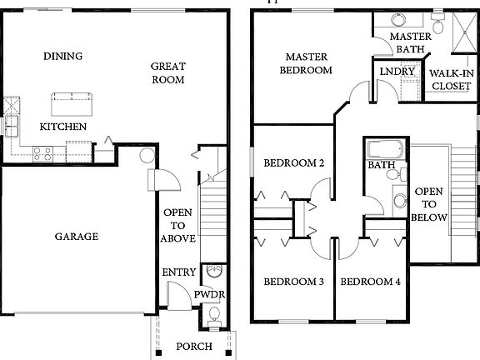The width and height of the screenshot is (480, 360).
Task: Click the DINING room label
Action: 63,57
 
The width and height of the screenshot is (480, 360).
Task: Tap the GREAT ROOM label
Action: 167,73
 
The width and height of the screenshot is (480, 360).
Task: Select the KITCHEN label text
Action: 63,127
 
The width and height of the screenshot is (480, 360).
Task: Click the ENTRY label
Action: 179,272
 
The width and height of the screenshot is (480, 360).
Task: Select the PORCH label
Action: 193,347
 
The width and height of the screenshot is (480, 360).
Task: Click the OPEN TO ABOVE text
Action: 178,226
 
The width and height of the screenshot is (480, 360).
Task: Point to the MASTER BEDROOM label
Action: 308,64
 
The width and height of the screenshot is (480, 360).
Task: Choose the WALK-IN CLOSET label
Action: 451,79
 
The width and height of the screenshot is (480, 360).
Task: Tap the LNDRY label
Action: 397,72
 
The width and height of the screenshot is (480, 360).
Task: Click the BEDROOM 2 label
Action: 293,163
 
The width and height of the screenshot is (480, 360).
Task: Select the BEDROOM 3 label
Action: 293,282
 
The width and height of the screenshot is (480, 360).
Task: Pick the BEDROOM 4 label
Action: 371,282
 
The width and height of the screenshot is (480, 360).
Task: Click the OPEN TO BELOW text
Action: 429,203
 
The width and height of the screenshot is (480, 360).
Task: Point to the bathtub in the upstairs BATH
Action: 384,151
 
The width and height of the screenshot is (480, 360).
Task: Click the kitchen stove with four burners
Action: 43,153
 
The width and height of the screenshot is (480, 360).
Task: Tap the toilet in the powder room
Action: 213,315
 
